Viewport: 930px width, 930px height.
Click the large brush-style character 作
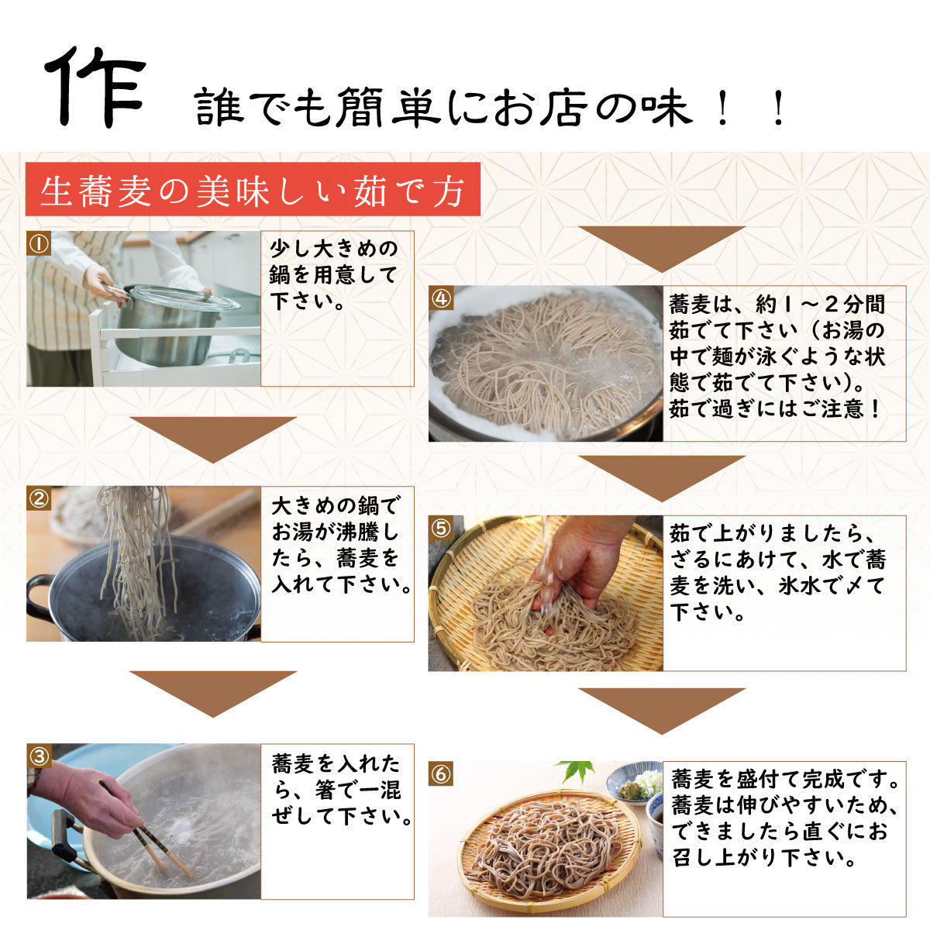tap(95, 87)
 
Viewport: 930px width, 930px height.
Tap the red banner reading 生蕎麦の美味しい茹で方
tap(253, 189)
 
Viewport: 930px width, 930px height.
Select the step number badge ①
tap(39, 243)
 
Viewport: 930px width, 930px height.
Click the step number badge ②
tap(39, 498)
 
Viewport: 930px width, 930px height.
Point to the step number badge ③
tap(39, 756)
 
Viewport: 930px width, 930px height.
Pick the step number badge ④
tap(441, 298)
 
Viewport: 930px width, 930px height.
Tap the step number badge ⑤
tap(441, 528)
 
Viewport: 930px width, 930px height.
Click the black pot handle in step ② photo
tap(39, 591)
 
